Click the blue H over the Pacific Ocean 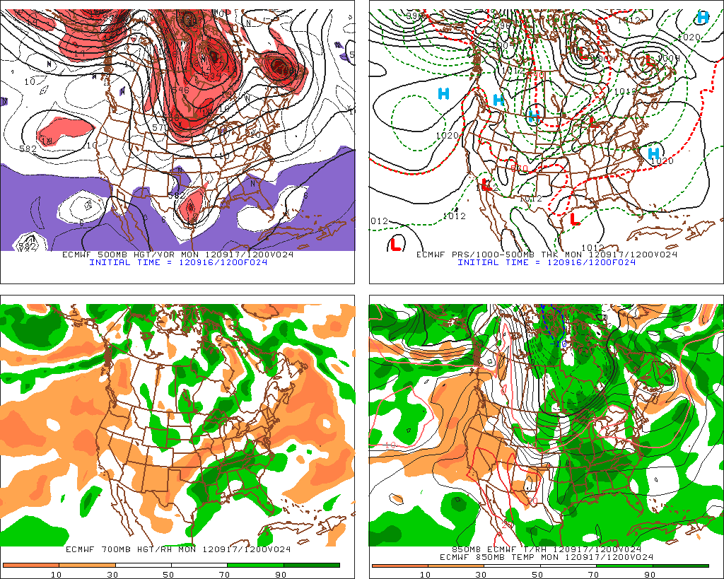tap(444, 93)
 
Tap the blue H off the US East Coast tap(653, 153)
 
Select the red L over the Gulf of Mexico tap(575, 220)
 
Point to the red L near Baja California tap(486, 185)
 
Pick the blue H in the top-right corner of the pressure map tap(702, 17)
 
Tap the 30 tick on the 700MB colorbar tap(111, 574)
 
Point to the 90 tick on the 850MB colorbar tap(649, 574)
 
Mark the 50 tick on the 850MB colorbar tap(537, 574)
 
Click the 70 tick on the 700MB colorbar tap(225, 574)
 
